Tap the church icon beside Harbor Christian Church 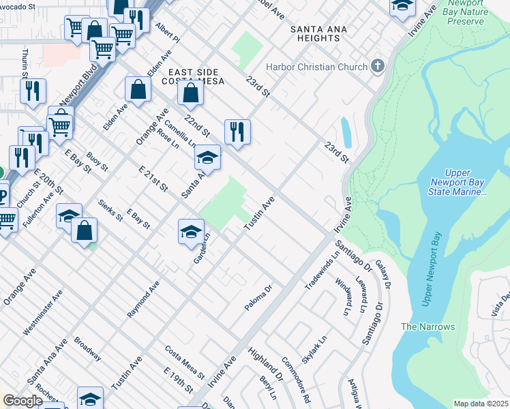click(x=378, y=67)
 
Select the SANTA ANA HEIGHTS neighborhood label click(x=314, y=33)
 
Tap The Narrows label click(x=427, y=327)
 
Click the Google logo click(x=22, y=401)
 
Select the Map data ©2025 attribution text click(x=481, y=404)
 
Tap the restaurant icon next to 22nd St click(x=237, y=132)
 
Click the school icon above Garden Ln click(x=192, y=231)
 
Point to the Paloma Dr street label click(x=258, y=299)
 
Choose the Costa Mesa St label click(x=185, y=362)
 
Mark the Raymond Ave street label click(x=143, y=299)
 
